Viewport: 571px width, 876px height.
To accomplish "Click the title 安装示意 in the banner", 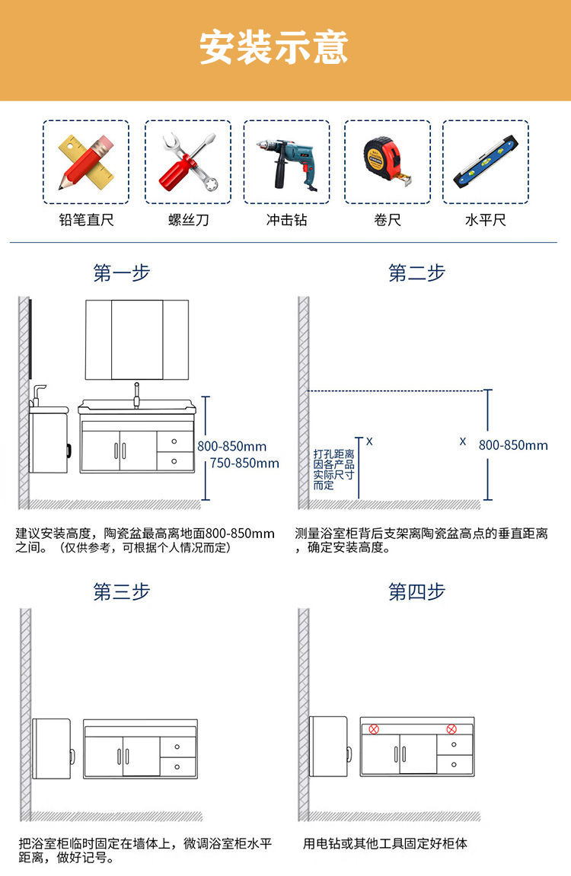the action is (274, 48).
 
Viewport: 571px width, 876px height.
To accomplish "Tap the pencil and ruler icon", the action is (85, 161).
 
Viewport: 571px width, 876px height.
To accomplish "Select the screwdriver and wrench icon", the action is (188, 161).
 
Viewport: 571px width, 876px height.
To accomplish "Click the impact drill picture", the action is (286, 161).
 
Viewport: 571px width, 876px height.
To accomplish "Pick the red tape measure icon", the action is (387, 161).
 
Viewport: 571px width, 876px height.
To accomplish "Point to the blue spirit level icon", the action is (486, 161).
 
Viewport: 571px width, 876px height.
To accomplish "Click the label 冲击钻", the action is (286, 221).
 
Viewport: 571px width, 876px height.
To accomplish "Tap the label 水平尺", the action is (486, 221).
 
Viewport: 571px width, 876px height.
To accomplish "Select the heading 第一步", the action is (122, 273).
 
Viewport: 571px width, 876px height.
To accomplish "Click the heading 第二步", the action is (416, 273).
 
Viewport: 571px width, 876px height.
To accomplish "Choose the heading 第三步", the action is (122, 591).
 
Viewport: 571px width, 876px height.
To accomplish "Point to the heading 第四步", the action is (416, 591).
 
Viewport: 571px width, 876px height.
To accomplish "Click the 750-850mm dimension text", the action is (244, 463).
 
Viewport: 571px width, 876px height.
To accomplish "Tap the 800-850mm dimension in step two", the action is (513, 445).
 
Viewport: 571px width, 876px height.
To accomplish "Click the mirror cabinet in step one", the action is (137, 339).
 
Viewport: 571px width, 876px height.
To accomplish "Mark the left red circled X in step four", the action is (374, 729).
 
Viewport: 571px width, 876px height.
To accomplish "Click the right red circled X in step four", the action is (451, 729).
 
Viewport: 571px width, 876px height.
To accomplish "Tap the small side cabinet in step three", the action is (52, 749).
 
